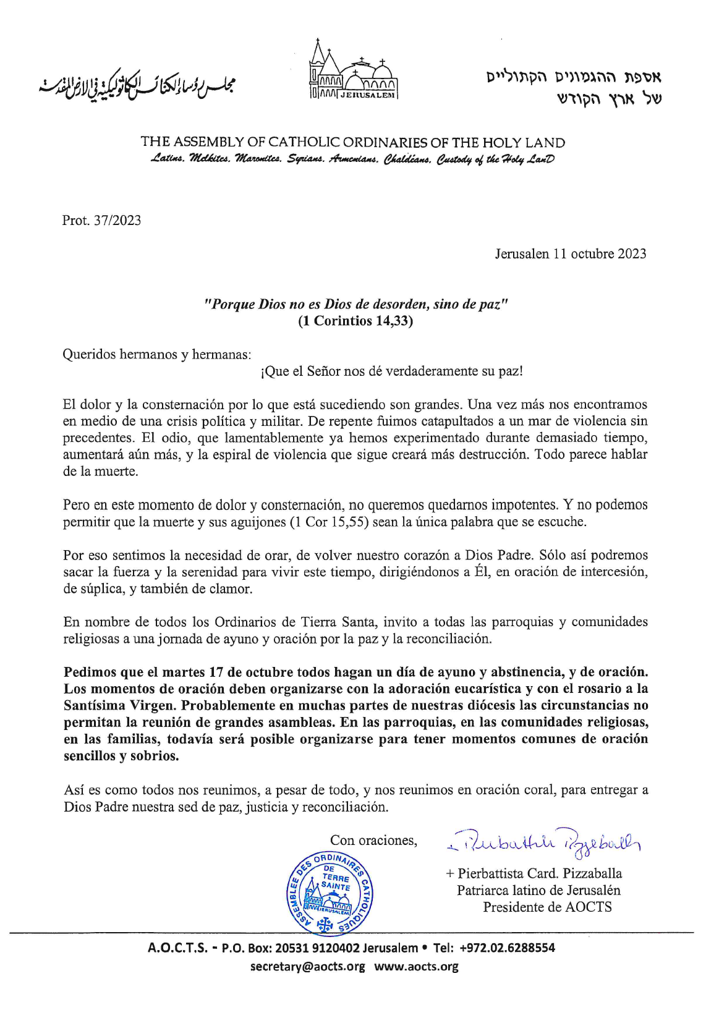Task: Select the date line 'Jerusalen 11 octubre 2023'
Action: [x=570, y=254]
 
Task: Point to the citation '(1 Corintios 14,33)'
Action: [x=355, y=321]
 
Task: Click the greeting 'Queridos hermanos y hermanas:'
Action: [x=157, y=355]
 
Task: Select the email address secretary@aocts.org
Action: [x=307, y=967]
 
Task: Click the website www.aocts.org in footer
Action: [x=416, y=967]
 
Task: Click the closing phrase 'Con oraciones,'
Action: [x=373, y=841]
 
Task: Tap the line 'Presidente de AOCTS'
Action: [x=547, y=907]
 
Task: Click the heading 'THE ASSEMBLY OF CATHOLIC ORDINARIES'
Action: [x=352, y=142]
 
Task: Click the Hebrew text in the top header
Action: [x=574, y=87]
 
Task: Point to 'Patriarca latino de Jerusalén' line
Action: [x=538, y=891]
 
